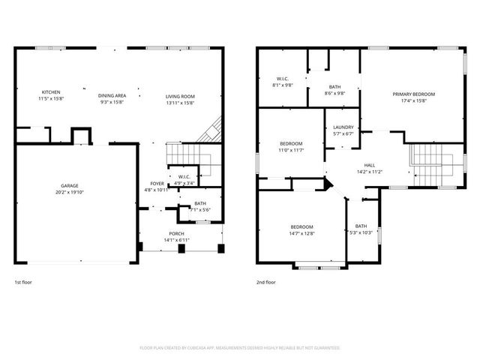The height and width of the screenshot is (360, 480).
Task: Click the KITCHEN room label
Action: tap(51, 92)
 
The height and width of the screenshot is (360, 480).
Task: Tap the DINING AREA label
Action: tap(112, 96)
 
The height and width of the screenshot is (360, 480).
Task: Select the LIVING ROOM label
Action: tap(180, 96)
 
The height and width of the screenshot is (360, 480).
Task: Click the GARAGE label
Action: tap(70, 185)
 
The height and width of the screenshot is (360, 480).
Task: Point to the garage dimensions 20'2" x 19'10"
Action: tap(70, 192)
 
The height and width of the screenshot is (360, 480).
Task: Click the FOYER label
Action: tap(157, 183)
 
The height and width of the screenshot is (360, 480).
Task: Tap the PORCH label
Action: tap(177, 234)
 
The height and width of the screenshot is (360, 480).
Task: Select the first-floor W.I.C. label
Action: tap(185, 177)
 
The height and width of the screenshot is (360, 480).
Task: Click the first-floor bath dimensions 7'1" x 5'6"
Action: tap(199, 209)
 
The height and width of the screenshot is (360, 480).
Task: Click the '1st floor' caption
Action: tap(24, 283)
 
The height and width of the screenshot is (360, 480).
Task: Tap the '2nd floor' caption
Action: tap(265, 283)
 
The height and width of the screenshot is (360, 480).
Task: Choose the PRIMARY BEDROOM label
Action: tap(413, 94)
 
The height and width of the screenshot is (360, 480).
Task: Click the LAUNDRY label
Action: tap(343, 127)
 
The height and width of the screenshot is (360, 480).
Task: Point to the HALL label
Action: tap(369, 166)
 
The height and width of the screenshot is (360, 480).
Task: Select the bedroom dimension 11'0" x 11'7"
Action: tap(291, 150)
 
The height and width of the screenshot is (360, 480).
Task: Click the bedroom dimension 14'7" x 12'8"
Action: tap(302, 233)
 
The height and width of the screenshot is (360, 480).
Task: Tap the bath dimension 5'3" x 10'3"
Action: tap(361, 233)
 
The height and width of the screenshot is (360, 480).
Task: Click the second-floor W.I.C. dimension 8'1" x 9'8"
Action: tap(282, 85)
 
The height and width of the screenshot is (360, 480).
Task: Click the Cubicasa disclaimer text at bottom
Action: tap(240, 348)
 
